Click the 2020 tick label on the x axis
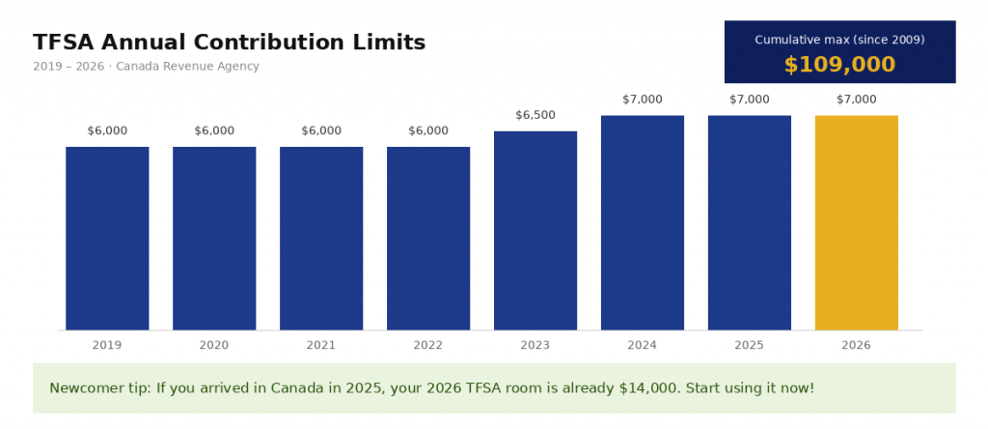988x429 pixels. pyautogui.click(x=214, y=344)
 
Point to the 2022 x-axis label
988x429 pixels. pyautogui.click(x=428, y=344)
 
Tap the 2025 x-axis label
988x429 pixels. pyautogui.click(x=750, y=344)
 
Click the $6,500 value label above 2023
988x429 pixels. pyautogui.click(x=535, y=115)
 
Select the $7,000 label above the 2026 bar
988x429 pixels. pyautogui.click(x=857, y=100)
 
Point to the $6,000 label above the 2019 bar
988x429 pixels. pyautogui.click(x=107, y=130)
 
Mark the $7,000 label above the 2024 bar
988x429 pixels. pyautogui.click(x=643, y=100)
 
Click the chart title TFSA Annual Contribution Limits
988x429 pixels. pyautogui.click(x=229, y=43)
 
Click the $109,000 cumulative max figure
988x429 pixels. pyautogui.click(x=839, y=65)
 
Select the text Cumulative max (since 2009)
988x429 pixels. pyautogui.click(x=839, y=40)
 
